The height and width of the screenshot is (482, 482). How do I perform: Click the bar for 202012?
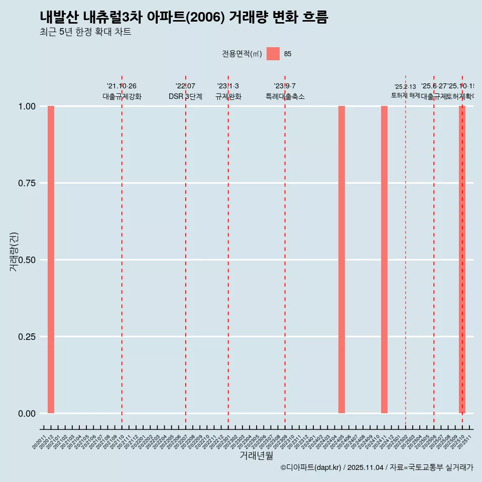(51, 260)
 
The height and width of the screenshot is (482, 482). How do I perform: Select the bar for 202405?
(341, 260)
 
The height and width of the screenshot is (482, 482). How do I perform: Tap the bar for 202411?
(384, 260)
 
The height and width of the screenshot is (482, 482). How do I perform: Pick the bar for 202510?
(462, 260)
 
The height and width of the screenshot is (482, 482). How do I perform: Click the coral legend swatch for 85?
(273, 54)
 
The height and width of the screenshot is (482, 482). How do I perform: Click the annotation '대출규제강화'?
(122, 96)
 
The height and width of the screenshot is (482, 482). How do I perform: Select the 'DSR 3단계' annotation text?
(185, 96)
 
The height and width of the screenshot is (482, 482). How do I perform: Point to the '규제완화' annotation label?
(228, 96)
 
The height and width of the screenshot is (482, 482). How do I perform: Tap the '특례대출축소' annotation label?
(285, 96)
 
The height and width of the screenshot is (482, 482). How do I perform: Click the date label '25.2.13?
(405, 87)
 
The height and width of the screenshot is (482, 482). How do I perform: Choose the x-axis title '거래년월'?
(256, 456)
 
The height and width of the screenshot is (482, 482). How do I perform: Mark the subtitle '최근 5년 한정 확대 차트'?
(85, 32)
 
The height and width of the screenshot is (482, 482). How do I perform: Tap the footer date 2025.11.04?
(366, 468)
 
